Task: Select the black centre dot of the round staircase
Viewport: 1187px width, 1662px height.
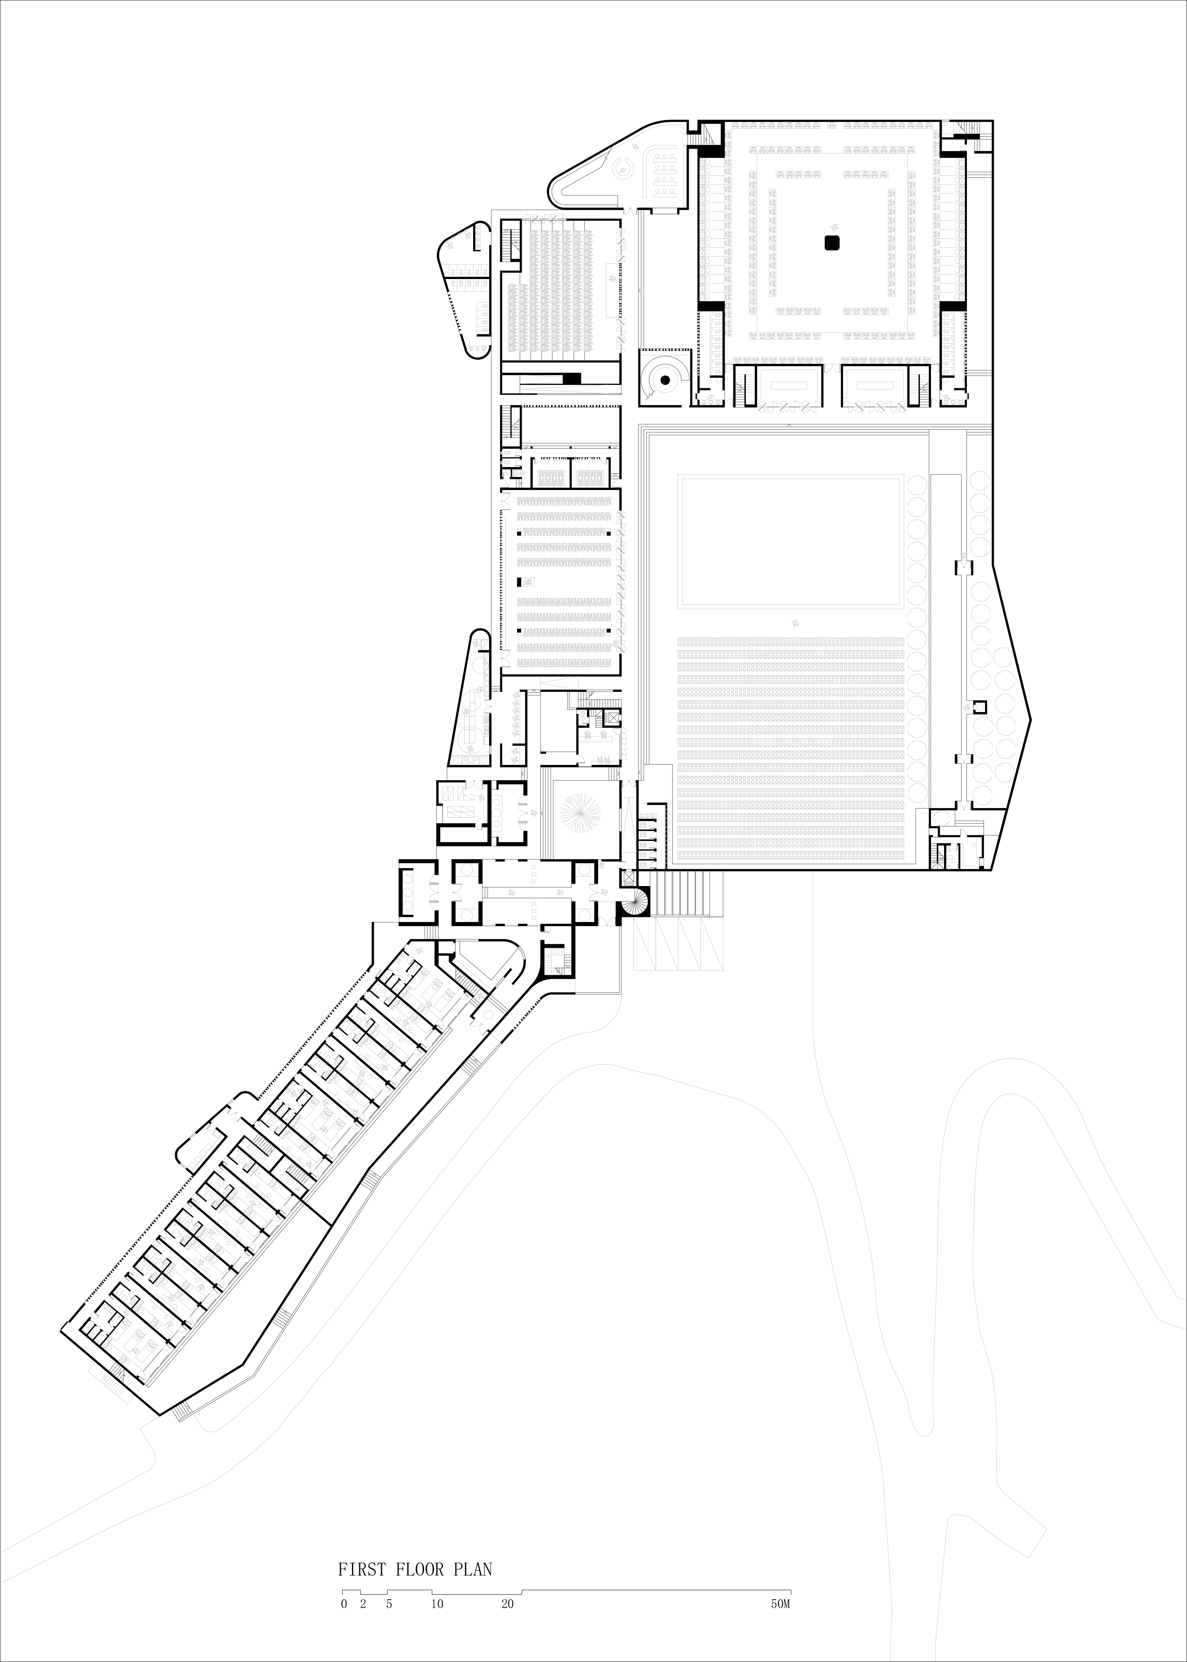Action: pos(665,379)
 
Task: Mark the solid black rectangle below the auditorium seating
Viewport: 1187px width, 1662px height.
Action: pos(571,378)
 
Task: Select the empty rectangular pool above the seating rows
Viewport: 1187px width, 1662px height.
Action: pos(790,541)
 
